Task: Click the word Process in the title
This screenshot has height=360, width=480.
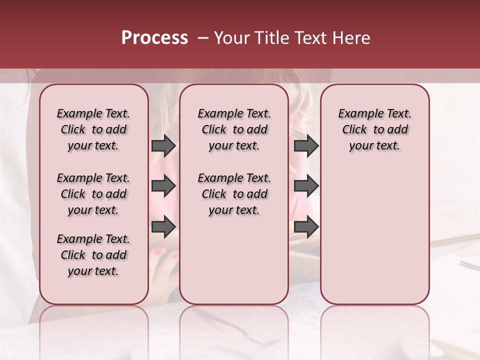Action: (x=154, y=38)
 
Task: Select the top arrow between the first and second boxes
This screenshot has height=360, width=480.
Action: (x=163, y=146)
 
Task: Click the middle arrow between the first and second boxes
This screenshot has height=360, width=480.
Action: (x=163, y=186)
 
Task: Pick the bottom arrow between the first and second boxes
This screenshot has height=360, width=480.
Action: (x=163, y=226)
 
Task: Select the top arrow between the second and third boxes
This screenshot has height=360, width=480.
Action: (x=306, y=146)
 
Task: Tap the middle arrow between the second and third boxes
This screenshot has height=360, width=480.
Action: (x=306, y=186)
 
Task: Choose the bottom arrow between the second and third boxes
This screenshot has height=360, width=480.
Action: (x=306, y=226)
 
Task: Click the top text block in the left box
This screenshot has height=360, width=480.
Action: (x=93, y=129)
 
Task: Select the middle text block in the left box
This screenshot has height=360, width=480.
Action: (x=93, y=194)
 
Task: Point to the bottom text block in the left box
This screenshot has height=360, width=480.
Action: (x=93, y=255)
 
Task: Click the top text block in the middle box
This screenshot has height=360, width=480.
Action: (x=234, y=129)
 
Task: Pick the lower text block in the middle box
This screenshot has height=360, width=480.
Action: (x=234, y=194)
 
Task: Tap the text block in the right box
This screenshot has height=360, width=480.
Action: (x=374, y=129)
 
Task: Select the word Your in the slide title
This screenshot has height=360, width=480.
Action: (x=229, y=38)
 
